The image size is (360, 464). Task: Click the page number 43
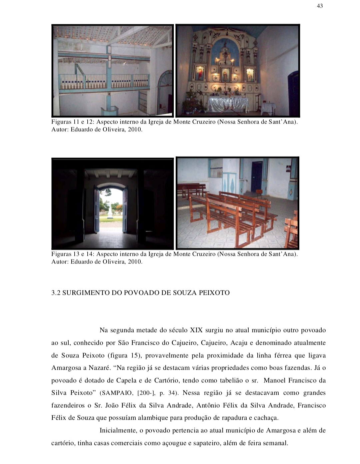pos(320,6)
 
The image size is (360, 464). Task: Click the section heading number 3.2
pos(56,293)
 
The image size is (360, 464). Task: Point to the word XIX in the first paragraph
pos(196,330)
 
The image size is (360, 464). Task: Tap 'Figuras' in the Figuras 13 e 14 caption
pos(61,254)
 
